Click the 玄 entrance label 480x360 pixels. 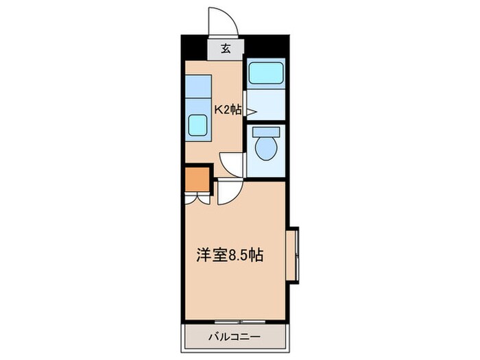click(x=225, y=48)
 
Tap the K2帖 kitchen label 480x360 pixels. click(x=228, y=108)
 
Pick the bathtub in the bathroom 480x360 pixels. click(x=265, y=73)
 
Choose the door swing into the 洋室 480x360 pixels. click(x=229, y=194)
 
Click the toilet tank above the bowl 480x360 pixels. click(x=264, y=132)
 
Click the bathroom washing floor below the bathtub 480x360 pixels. click(x=265, y=103)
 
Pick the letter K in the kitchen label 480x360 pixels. click(x=219, y=108)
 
